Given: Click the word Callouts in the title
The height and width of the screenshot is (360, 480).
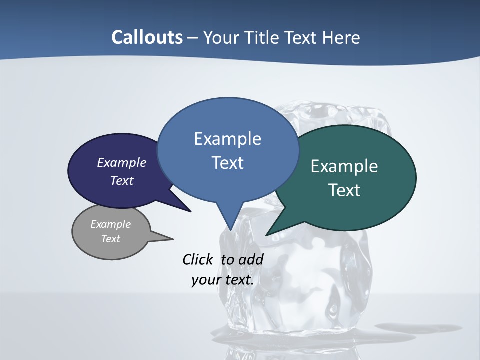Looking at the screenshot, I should click(x=147, y=37).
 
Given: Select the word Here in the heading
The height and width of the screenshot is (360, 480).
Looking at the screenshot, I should click(x=341, y=37).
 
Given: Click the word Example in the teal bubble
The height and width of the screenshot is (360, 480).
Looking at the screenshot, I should click(x=344, y=166).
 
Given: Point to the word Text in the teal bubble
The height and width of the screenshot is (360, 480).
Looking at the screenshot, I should click(x=344, y=190).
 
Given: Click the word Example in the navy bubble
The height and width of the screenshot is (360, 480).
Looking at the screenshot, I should click(x=122, y=162).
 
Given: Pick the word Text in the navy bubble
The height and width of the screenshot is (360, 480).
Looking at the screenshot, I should click(x=122, y=180).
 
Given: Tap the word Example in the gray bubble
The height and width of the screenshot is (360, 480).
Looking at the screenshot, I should click(x=110, y=224).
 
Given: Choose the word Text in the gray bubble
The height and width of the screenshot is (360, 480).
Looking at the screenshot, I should click(x=110, y=239).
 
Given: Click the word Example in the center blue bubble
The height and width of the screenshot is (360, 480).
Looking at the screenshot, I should click(x=227, y=139).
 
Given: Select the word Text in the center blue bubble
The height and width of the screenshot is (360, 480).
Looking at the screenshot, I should click(x=227, y=163).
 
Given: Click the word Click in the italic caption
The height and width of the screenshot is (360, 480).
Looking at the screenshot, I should click(x=199, y=259).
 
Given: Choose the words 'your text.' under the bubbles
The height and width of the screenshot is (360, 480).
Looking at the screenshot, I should click(x=223, y=279).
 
